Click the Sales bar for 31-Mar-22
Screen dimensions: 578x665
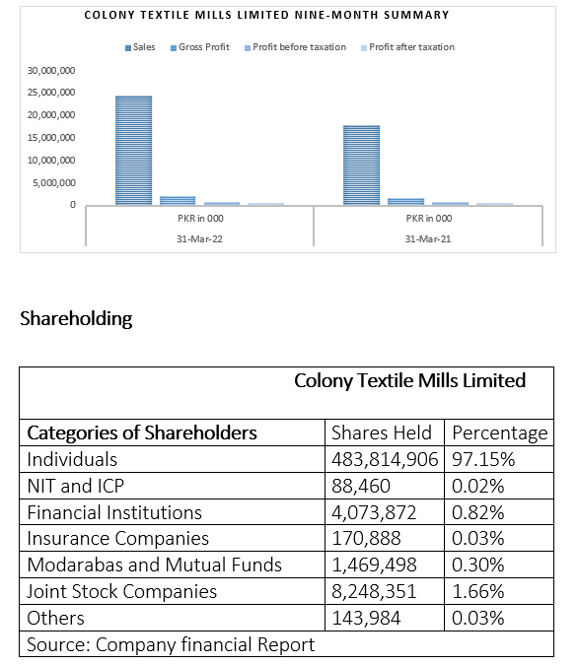tap(134, 151)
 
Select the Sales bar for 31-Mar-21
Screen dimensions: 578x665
tap(361, 166)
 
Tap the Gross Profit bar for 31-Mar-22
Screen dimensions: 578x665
tap(178, 201)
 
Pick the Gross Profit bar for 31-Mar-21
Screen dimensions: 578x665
tap(406, 202)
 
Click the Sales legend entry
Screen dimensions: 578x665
tap(140, 47)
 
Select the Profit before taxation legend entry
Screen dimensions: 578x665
tap(295, 47)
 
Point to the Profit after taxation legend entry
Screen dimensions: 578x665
tap(407, 47)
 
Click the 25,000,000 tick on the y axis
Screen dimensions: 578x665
tap(51, 92)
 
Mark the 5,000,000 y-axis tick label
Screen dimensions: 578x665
tap(54, 183)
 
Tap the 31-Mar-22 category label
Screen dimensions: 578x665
tap(199, 239)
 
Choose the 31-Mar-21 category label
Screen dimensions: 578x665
tap(428, 239)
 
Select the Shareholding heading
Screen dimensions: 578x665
tap(76, 318)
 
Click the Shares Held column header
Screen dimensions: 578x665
tap(382, 433)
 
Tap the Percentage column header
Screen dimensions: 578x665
tap(500, 433)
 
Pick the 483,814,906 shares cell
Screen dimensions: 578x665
tap(385, 459)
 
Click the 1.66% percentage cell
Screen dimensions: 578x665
tap(477, 592)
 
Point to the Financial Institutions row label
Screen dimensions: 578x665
tap(114, 512)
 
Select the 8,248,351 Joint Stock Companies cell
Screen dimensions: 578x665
tap(374, 592)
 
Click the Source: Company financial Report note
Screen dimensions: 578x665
tap(171, 644)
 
